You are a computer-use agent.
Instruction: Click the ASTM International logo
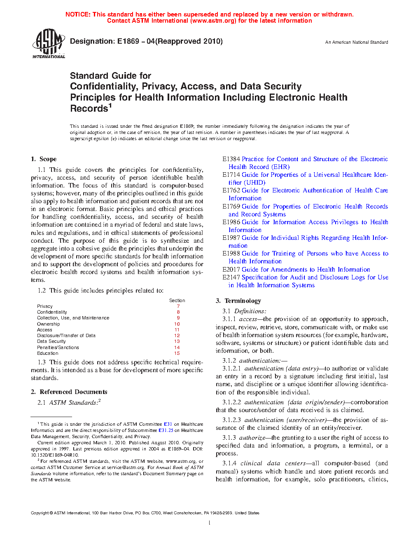tap(49, 43)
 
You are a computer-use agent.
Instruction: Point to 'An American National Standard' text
tap(356, 42)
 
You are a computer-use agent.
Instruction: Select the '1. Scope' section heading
tap(44, 159)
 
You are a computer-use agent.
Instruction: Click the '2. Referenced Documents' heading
tap(69, 392)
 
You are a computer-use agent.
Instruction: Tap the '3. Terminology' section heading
tap(238, 301)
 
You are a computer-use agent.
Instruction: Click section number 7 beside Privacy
tap(178, 306)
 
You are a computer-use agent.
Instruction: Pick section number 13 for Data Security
tap(177, 341)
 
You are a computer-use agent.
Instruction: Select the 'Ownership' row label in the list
tap(48, 324)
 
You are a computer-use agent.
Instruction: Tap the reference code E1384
tap(231, 159)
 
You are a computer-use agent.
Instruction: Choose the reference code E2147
tap(231, 277)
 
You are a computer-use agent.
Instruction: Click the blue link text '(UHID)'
tap(254, 183)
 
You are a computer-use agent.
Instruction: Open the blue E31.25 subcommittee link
tap(166, 430)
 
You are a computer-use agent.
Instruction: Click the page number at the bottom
tap(210, 523)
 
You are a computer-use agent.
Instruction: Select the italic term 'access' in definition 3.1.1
tap(248, 319)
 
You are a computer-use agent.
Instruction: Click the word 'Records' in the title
tap(89, 109)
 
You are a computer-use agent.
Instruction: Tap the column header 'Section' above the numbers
tap(177, 300)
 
